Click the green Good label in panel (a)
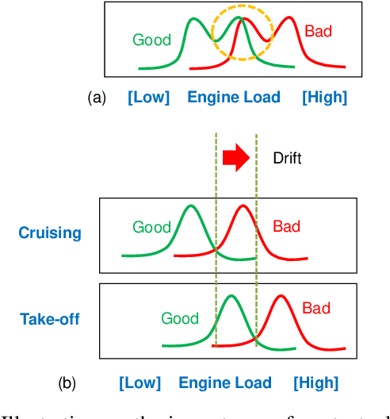coord(151,39)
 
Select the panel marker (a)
coord(97,98)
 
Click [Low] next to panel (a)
coord(148,98)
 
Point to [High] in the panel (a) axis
coord(324,98)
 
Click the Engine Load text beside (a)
coord(234,98)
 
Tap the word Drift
coord(286,159)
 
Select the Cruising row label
coord(51,233)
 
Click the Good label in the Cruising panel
coord(151,227)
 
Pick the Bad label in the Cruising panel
coord(286,226)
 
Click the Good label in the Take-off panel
coord(180,318)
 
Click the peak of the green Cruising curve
coord(189,206)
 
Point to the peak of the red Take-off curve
coord(281,297)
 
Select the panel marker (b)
coord(67,383)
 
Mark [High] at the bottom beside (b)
coord(315,383)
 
